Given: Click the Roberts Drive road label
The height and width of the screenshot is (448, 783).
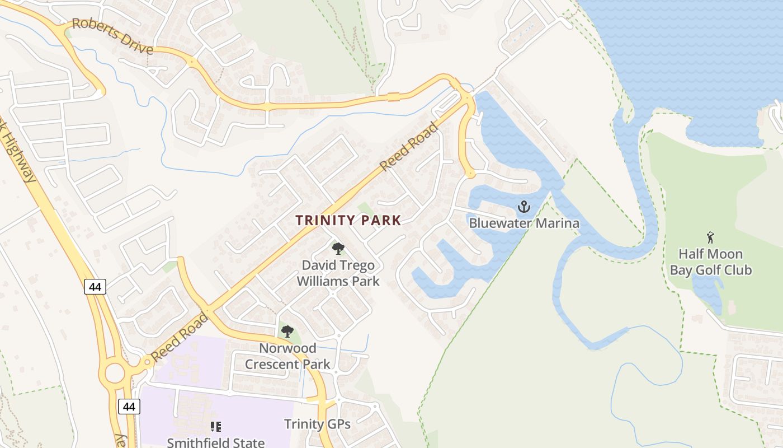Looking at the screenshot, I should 112,37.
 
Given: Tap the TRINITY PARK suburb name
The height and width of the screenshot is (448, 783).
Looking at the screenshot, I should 348,220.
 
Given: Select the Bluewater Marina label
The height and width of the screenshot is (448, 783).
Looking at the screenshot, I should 524,223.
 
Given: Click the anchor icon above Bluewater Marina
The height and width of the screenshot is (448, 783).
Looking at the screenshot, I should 523,207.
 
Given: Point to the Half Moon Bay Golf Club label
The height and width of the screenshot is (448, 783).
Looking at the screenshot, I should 711,262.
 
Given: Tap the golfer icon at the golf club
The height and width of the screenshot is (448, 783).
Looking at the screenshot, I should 710,237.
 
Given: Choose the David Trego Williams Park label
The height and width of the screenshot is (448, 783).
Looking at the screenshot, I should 338,273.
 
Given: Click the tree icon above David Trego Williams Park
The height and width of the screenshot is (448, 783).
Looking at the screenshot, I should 338,249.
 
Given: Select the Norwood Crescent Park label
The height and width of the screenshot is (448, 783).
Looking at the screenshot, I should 287,356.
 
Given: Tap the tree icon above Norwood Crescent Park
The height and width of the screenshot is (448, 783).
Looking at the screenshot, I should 287,332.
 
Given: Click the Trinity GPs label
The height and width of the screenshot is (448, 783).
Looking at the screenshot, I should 317,424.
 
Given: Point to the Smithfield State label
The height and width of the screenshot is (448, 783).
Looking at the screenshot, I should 216,442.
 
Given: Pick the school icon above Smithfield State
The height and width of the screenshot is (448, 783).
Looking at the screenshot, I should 215,427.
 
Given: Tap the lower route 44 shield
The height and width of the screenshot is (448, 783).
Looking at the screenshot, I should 129,407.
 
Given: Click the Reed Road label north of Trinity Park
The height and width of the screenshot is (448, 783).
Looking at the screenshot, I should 409,147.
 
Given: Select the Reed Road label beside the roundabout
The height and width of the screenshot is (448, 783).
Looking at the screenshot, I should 180,338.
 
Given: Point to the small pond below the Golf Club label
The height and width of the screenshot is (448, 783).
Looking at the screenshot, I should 708,291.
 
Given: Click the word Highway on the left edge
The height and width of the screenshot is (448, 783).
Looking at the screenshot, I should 19,160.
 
